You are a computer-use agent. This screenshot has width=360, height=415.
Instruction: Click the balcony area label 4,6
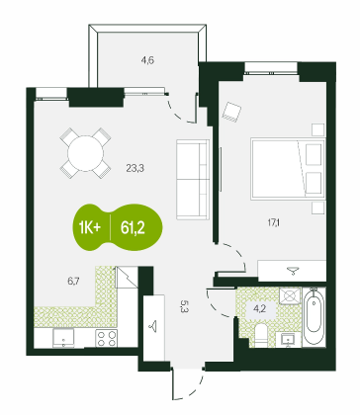[x=147, y=60]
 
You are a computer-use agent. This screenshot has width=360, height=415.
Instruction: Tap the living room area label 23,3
[x=135, y=169]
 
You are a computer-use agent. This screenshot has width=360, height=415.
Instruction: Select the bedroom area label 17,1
[x=274, y=223]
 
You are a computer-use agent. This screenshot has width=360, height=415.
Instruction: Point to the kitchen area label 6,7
[x=73, y=281]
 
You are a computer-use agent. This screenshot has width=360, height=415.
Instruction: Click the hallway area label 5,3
[x=183, y=306]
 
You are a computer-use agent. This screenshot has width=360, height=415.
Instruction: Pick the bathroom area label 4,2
[x=260, y=310]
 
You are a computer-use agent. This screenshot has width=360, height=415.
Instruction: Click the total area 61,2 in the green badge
[x=133, y=227]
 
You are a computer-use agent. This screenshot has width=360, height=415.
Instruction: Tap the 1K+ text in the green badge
[x=89, y=227]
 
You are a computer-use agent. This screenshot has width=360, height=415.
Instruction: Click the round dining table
[x=85, y=153]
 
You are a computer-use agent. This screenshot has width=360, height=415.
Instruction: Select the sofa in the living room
[x=193, y=180]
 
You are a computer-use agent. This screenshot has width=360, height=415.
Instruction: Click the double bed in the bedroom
[x=288, y=169]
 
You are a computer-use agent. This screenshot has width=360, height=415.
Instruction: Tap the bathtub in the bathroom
[x=315, y=316]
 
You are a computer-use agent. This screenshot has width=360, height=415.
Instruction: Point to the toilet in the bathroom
[x=262, y=335]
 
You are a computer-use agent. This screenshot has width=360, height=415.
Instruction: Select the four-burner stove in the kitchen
[x=107, y=338]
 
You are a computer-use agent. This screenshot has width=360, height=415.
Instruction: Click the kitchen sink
[x=63, y=338]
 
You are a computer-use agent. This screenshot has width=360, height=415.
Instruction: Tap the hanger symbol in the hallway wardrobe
[x=153, y=327]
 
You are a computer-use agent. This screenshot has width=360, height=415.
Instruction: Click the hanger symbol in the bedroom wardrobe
[x=292, y=271]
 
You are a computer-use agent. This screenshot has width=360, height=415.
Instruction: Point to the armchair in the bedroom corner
[x=231, y=112]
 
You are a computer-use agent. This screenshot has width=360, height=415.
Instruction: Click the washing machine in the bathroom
[x=290, y=295]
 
